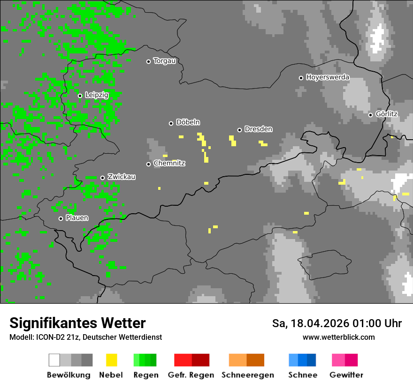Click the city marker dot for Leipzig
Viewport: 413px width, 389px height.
click(80, 96)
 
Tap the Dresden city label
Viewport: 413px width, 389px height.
click(258, 129)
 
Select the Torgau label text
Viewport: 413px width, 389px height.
click(164, 61)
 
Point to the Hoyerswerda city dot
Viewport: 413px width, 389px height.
click(301, 78)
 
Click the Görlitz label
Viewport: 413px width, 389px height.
click(386, 114)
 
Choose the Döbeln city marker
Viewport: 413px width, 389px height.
click(171, 123)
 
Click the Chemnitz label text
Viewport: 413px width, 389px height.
click(169, 163)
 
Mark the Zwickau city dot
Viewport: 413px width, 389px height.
click(102, 178)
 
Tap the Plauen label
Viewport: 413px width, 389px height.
click(76, 218)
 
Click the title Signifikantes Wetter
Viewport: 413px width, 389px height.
click(77, 323)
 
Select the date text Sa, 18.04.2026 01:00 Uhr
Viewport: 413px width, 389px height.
click(337, 323)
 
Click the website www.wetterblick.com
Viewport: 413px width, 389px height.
click(338, 337)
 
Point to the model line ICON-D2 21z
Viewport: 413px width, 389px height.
click(85, 337)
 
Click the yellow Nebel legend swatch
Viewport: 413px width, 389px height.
click(111, 360)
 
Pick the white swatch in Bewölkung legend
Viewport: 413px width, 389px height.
click(54, 360)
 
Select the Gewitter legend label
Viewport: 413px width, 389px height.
click(346, 375)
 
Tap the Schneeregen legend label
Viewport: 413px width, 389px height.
click(247, 375)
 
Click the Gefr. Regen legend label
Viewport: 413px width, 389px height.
click(191, 375)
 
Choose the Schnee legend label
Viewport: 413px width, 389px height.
click(302, 375)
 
